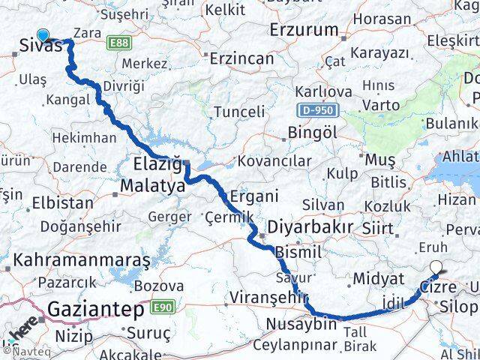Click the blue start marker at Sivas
pyautogui.click(x=42, y=34)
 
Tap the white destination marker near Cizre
pyautogui.click(x=436, y=266)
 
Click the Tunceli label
pyautogui.click(x=239, y=112)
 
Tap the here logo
pyautogui.click(x=23, y=331)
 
